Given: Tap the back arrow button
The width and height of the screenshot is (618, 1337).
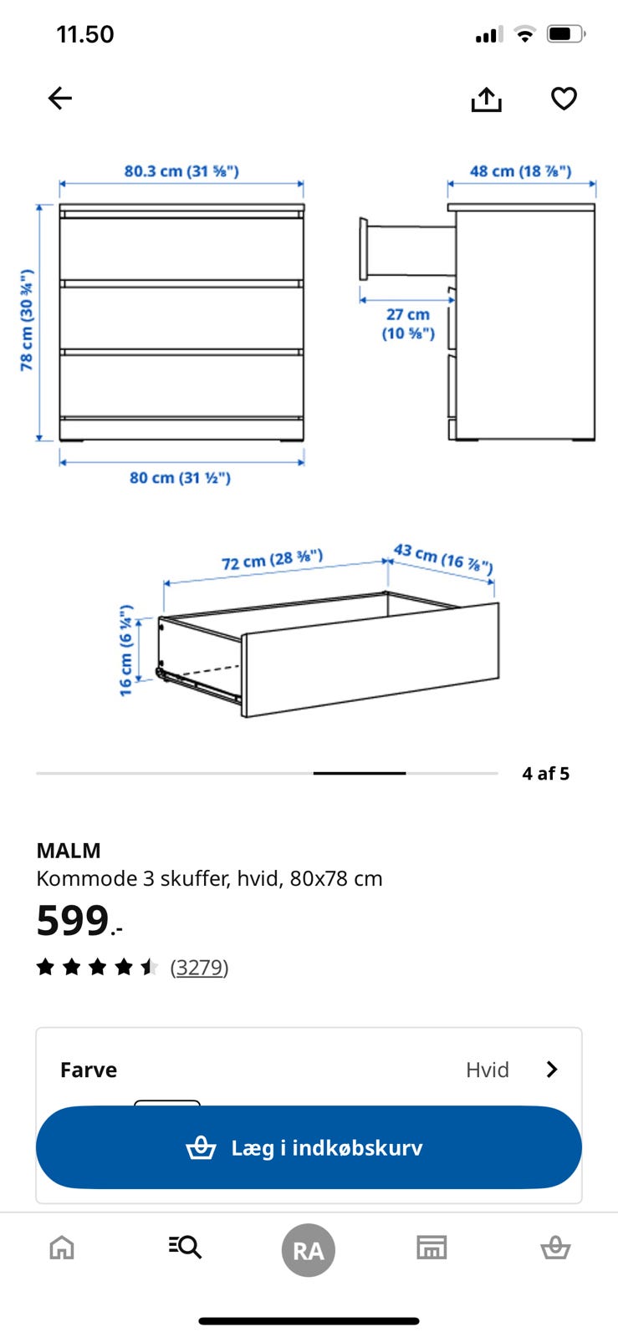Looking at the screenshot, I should (60, 99).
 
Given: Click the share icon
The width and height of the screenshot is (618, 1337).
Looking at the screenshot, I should (486, 99).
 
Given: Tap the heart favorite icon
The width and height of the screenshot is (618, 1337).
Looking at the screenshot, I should (564, 99).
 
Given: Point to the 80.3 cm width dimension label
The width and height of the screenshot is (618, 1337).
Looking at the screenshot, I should (181, 171).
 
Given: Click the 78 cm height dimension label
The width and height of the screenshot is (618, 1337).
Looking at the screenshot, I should (28, 320).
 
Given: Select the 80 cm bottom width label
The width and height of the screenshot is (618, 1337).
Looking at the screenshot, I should (180, 478).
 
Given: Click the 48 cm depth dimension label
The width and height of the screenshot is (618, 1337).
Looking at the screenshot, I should (520, 171).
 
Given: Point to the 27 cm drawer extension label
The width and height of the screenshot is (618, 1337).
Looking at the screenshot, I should (408, 323).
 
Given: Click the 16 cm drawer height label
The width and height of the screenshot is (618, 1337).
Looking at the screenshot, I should (125, 650).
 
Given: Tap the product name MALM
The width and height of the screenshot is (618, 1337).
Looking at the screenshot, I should (69, 851).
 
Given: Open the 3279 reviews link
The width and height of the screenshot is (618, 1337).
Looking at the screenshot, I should (199, 968).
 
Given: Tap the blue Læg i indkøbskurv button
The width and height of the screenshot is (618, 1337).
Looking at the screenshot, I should (309, 1147).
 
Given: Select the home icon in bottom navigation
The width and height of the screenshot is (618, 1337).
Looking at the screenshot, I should (62, 1248).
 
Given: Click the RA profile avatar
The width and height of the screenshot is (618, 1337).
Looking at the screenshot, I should (308, 1250).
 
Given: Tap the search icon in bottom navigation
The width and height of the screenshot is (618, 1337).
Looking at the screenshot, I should (185, 1248).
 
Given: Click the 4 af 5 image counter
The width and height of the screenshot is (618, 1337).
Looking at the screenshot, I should (545, 774).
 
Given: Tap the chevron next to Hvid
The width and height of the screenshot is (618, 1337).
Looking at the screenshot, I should (551, 1070).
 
